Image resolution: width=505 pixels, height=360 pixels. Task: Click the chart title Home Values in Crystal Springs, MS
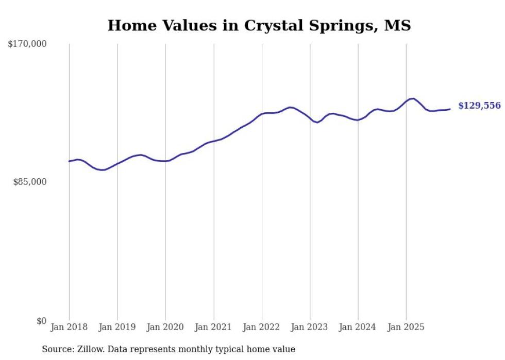259,25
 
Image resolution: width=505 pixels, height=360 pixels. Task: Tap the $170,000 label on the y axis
27,44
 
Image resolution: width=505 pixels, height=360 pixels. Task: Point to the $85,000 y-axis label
30,182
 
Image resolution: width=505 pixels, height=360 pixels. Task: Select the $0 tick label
41,321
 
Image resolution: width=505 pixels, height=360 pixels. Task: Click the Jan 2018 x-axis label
69,327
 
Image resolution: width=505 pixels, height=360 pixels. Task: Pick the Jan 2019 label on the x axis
117,327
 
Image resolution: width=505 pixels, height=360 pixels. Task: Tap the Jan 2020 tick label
165,327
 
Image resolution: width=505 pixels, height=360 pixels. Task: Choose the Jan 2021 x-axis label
213,327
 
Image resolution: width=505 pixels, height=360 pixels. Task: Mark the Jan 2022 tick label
262,327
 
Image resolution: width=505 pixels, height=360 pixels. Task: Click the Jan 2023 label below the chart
310,327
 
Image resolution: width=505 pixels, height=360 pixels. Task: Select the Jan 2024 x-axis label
358,327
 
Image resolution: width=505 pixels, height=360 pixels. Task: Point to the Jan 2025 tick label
406,327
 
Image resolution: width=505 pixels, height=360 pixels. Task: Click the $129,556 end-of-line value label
479,106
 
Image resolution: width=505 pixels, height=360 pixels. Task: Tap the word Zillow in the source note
90,349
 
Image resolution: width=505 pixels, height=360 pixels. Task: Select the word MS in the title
397,25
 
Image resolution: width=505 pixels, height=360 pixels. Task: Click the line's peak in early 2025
413,98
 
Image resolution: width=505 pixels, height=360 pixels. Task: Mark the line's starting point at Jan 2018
69,161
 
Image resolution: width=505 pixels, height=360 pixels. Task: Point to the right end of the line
450,109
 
